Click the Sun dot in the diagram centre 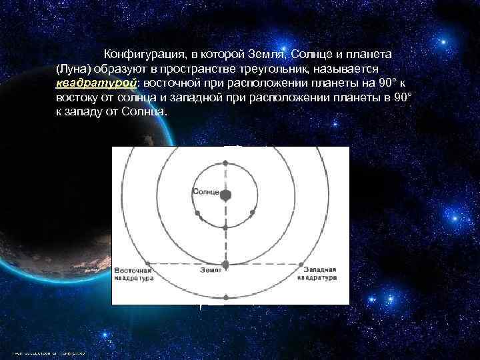(226, 195)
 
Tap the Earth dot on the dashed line (225, 265)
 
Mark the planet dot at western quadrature (304, 264)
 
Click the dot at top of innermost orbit (226, 163)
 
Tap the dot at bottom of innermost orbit (226, 227)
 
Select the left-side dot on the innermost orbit (198, 213)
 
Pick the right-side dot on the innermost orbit (253, 213)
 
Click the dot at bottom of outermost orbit (226, 297)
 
